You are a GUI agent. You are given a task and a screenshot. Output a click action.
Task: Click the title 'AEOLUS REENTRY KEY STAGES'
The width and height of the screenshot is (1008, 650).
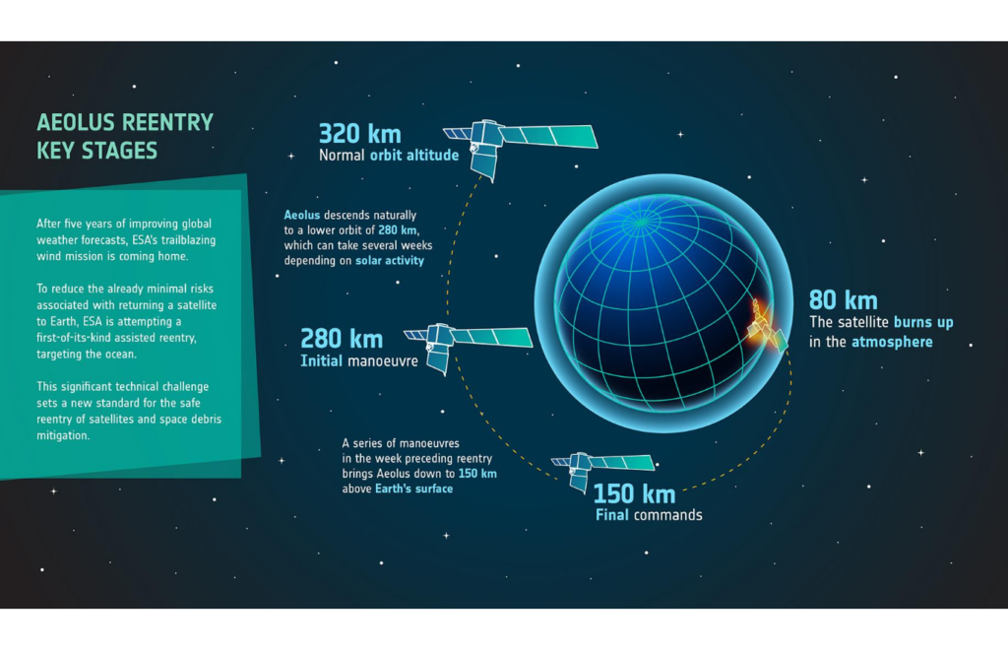[125, 136]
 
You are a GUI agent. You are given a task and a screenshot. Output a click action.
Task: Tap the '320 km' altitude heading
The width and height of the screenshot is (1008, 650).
[360, 134]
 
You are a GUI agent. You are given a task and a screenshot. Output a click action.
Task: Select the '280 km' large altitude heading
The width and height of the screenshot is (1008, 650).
[342, 339]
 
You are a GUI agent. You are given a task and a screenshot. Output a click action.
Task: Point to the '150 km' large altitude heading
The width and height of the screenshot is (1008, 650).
[634, 493]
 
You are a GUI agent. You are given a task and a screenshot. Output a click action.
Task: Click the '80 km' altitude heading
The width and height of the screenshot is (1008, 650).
[843, 300]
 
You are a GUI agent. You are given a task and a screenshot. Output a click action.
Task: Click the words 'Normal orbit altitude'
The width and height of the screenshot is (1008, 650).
[389, 155]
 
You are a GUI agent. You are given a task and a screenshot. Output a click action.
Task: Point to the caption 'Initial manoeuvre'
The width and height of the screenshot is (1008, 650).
[358, 360]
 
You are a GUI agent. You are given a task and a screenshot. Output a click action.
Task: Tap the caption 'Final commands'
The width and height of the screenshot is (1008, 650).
[649, 515]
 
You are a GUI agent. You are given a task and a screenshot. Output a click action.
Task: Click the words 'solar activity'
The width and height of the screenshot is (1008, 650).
[390, 260]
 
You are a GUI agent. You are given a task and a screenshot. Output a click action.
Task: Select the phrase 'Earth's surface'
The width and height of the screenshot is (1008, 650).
[414, 488]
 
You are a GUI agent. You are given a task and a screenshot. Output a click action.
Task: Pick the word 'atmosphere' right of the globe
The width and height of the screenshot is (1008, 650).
[892, 342]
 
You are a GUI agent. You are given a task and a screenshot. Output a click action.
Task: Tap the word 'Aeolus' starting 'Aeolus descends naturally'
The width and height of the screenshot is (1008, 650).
[301, 215]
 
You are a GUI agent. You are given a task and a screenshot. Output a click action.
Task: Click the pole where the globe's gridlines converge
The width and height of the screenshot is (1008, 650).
[640, 224]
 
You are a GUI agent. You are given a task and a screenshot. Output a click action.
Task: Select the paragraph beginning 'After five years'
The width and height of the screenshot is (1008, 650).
[126, 240]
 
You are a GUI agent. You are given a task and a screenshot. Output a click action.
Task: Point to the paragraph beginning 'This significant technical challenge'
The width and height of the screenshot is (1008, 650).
[129, 411]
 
